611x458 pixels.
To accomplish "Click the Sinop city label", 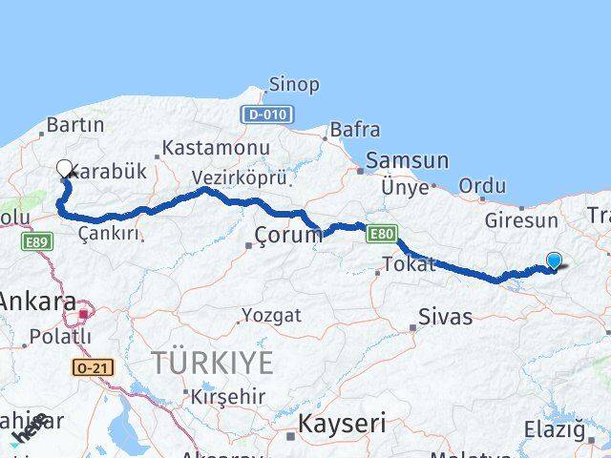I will [x=293, y=85].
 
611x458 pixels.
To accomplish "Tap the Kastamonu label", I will [x=215, y=149].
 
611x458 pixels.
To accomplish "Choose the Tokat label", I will [x=408, y=263].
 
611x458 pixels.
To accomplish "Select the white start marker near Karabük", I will [x=65, y=169].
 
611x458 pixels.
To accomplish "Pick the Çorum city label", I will [x=288, y=235].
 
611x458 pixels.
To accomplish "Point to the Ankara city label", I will [x=36, y=302].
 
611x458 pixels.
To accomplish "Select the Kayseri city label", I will [x=342, y=423].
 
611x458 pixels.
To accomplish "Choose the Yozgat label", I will [x=271, y=315].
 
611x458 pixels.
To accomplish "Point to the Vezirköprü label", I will [x=239, y=178].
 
